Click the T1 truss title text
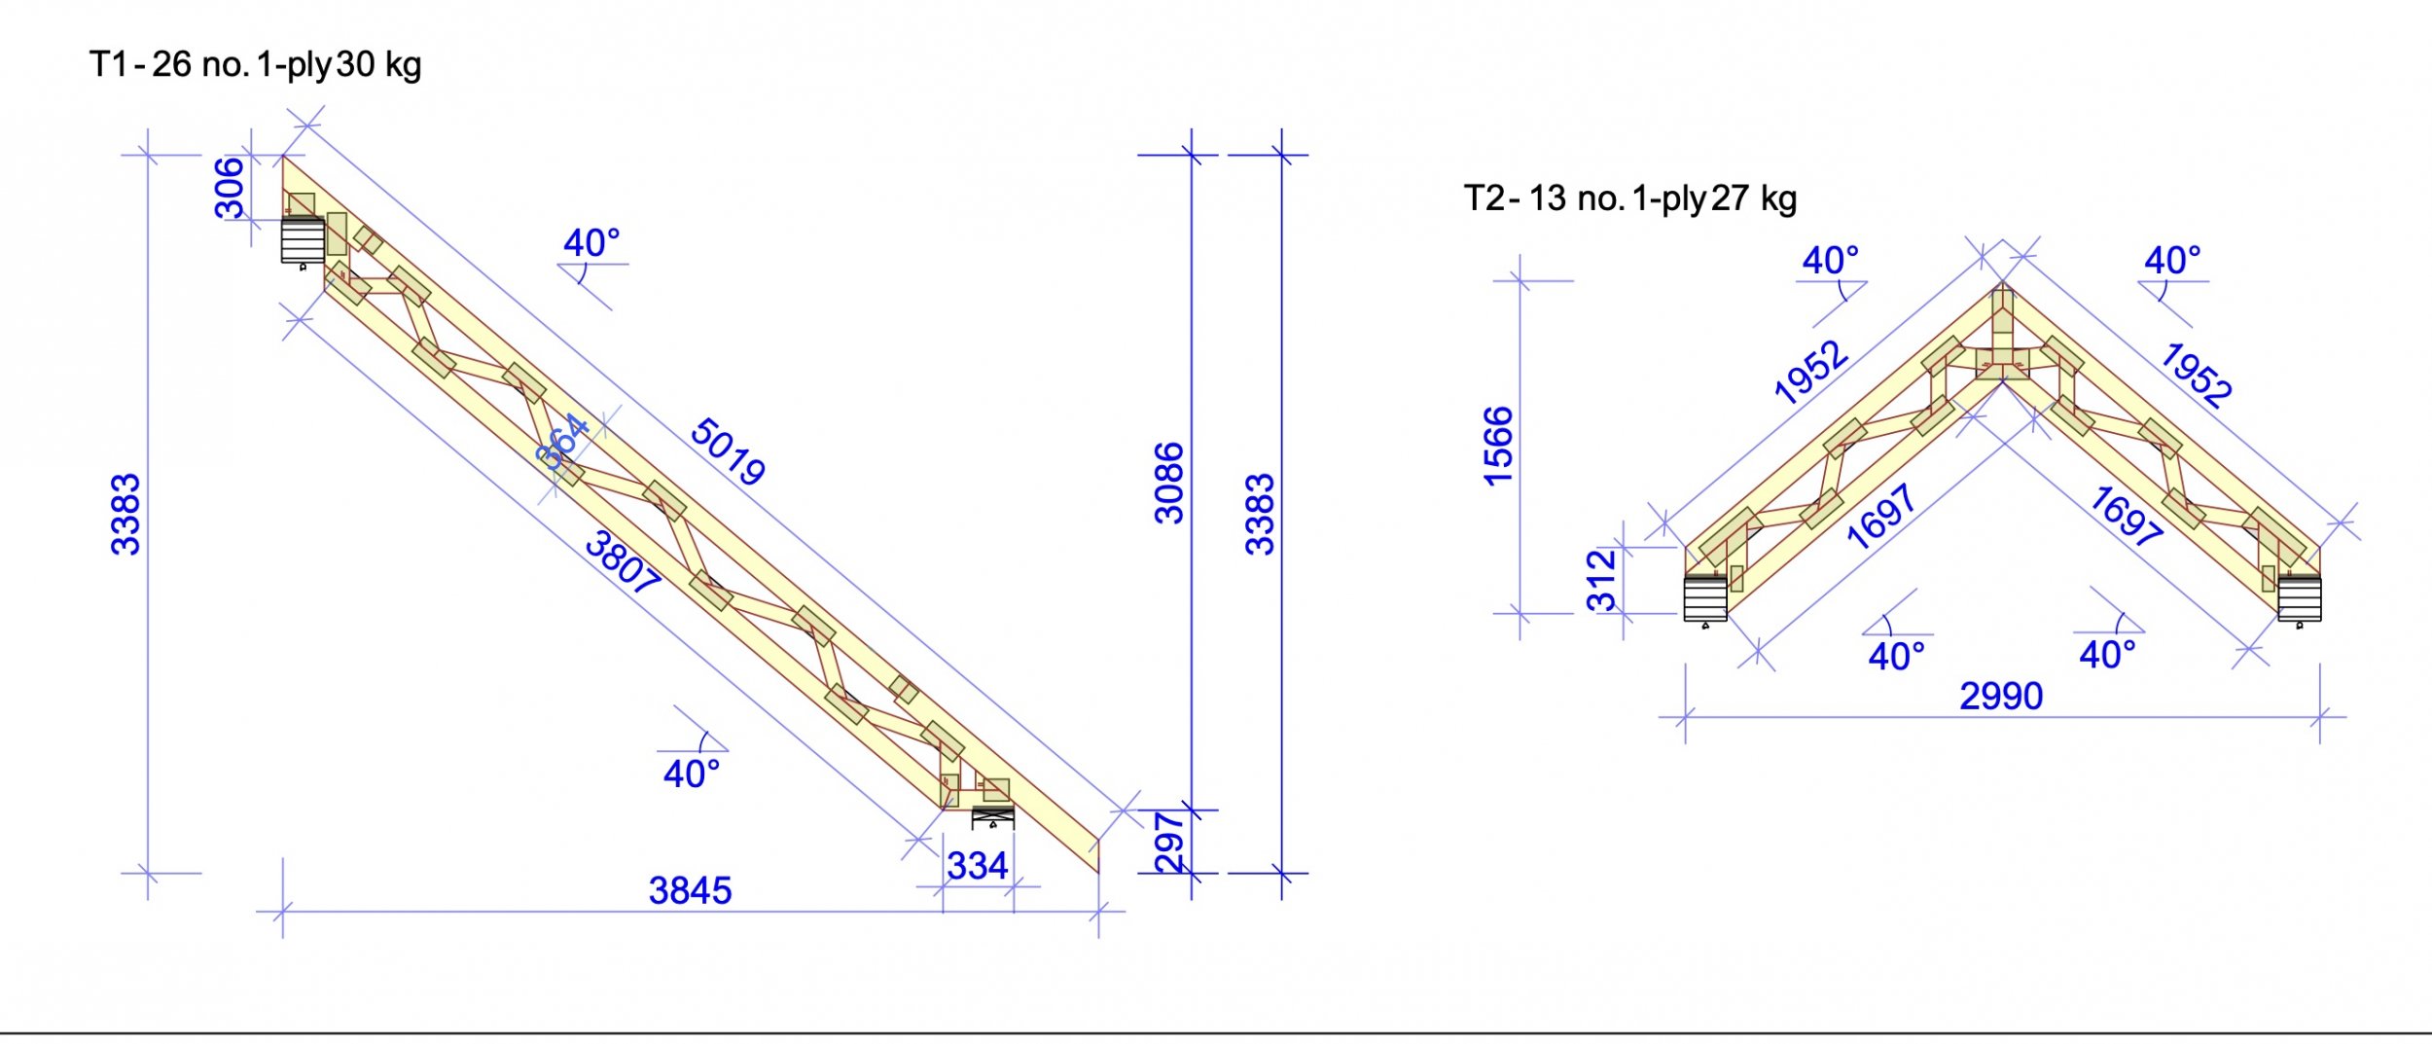[x=255, y=65]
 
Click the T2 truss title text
[x=1629, y=198]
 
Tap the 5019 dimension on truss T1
[x=728, y=451]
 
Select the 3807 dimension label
[x=623, y=562]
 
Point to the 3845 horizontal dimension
[x=690, y=890]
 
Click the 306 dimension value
[x=229, y=188]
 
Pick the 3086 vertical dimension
[x=1169, y=484]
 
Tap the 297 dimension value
[x=1169, y=843]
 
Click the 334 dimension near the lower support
[x=977, y=866]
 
